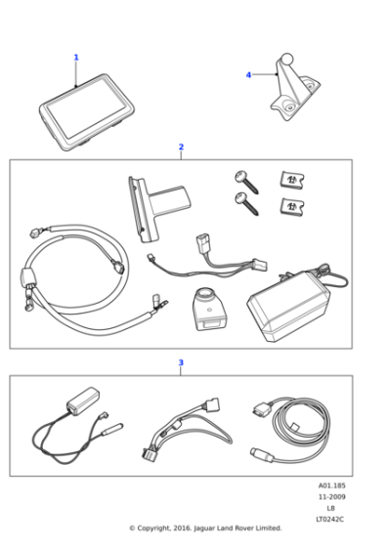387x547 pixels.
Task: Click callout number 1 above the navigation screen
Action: pyautogui.click(x=76, y=58)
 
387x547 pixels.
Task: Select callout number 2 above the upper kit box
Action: pyautogui.click(x=181, y=147)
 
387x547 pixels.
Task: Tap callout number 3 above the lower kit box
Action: pyautogui.click(x=181, y=362)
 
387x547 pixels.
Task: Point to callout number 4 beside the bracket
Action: pyautogui.click(x=248, y=75)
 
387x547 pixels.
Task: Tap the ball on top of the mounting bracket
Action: pyautogui.click(x=287, y=59)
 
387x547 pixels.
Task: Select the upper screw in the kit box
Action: pyautogui.click(x=246, y=182)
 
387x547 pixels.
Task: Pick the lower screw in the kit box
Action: pyautogui.click(x=246, y=203)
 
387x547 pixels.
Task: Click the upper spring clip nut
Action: pyautogui.click(x=292, y=180)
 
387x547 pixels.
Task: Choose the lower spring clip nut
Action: pyautogui.click(x=292, y=206)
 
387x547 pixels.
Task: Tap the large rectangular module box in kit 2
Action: pyautogui.click(x=288, y=307)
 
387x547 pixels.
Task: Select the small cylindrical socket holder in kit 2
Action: pyautogui.click(x=207, y=309)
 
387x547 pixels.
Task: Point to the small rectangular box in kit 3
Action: pyautogui.click(x=83, y=400)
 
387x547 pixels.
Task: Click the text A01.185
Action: pyautogui.click(x=331, y=485)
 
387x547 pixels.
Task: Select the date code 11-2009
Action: pyautogui.click(x=331, y=497)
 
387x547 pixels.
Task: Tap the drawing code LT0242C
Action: pyautogui.click(x=329, y=520)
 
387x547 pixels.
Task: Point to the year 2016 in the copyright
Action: pyautogui.click(x=182, y=528)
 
